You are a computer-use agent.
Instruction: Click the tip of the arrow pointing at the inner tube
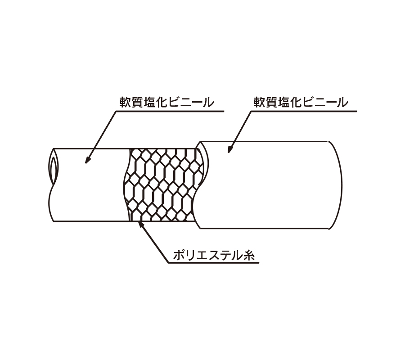pos(85,163)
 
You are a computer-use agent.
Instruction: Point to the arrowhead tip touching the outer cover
pos(228,153)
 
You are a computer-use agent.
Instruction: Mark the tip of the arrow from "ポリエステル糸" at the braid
pos(139,221)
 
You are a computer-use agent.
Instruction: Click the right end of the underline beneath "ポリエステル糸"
pos(259,263)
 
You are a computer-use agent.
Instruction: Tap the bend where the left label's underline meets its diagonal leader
pos(116,112)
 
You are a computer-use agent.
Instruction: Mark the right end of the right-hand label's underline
pos(356,112)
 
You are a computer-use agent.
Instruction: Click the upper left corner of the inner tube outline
pos(54,149)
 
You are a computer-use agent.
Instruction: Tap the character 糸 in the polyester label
pos(249,255)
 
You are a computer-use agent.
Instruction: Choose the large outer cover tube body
pos(269,185)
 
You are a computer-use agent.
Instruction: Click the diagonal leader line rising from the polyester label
pos(154,242)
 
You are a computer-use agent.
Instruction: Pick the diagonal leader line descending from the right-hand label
pos(239,132)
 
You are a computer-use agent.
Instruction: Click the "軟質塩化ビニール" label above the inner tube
pos(166,102)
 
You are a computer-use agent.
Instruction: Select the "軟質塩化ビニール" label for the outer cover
pos(301,102)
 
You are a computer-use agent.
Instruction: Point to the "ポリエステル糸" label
pos(214,255)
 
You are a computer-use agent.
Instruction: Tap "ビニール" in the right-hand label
pos(325,102)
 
